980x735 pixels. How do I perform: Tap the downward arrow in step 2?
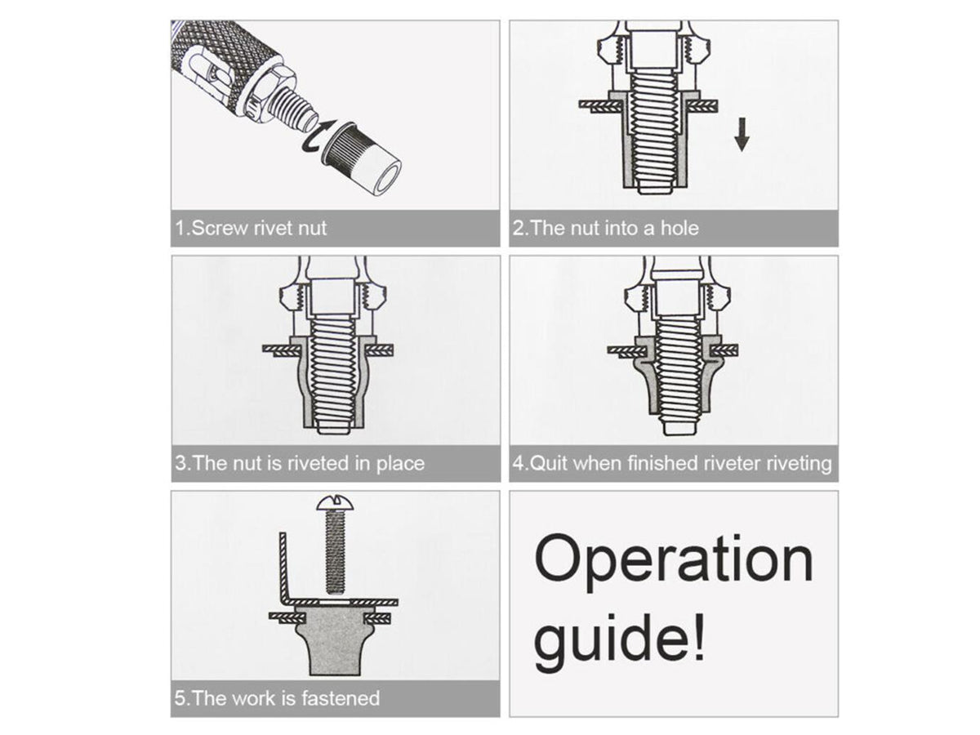tap(742, 134)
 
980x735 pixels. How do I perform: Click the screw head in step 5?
tap(335, 502)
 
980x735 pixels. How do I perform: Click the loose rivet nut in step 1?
tap(362, 158)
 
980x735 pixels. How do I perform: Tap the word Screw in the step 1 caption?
tap(220, 229)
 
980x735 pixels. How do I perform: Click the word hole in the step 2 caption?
tap(679, 228)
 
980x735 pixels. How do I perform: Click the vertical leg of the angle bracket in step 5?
tap(283, 568)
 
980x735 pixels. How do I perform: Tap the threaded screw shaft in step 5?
tap(336, 552)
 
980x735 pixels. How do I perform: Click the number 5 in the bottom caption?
tap(179, 698)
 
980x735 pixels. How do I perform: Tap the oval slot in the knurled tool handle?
tap(204, 78)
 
